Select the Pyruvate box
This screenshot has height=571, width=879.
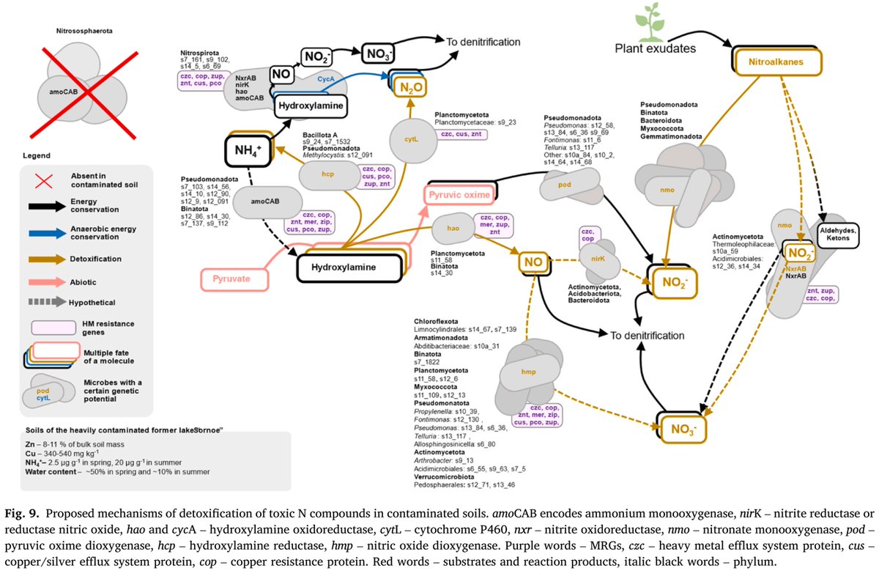click(x=235, y=279)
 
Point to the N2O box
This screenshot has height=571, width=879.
click(x=410, y=88)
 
